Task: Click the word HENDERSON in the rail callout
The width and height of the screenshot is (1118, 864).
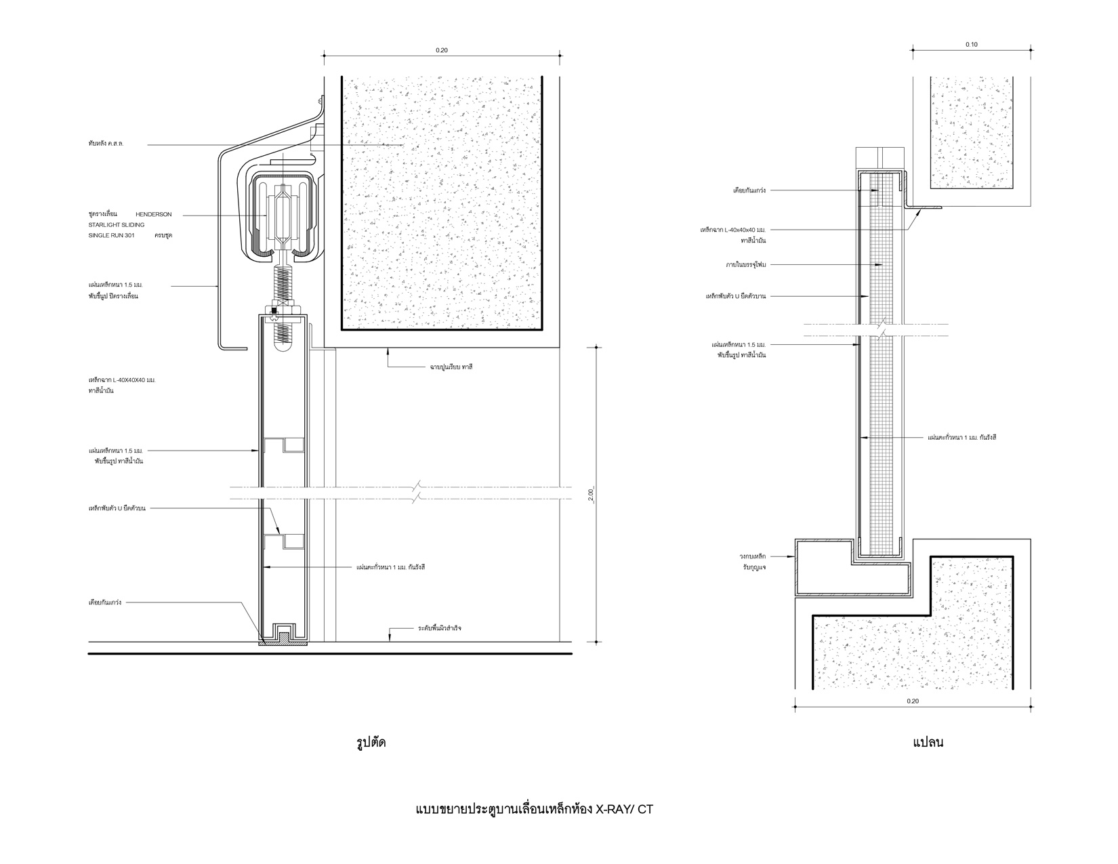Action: [153, 215]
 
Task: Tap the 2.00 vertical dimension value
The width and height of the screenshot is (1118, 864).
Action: [591, 495]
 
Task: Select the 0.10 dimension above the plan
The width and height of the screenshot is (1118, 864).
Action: [972, 45]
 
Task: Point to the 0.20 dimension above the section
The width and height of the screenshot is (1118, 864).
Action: [441, 50]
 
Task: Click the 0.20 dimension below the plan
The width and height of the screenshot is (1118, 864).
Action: [912, 701]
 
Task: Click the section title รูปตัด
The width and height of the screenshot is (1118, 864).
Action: [371, 743]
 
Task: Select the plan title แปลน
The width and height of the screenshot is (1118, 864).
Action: [928, 743]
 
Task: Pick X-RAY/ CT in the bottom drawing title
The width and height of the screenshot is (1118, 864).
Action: [624, 810]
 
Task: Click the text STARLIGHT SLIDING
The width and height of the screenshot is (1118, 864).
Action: [117, 225]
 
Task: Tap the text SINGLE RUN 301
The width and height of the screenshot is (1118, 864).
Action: [111, 236]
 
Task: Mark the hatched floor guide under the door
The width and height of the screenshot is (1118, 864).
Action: [283, 642]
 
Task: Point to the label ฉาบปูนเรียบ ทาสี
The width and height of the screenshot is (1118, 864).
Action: [451, 367]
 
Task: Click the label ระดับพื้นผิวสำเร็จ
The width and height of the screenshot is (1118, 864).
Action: [439, 628]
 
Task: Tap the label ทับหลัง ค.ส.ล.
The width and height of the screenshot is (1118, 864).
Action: [106, 144]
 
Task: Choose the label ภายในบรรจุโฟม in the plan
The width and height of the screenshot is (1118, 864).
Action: [745, 265]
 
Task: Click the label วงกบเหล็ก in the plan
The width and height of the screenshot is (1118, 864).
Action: [752, 556]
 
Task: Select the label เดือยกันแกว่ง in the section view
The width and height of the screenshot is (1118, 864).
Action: [105, 602]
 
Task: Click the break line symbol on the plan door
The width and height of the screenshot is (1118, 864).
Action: [882, 331]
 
